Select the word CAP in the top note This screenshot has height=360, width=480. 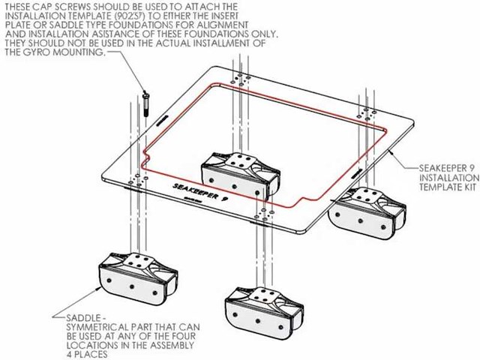[41, 6]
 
